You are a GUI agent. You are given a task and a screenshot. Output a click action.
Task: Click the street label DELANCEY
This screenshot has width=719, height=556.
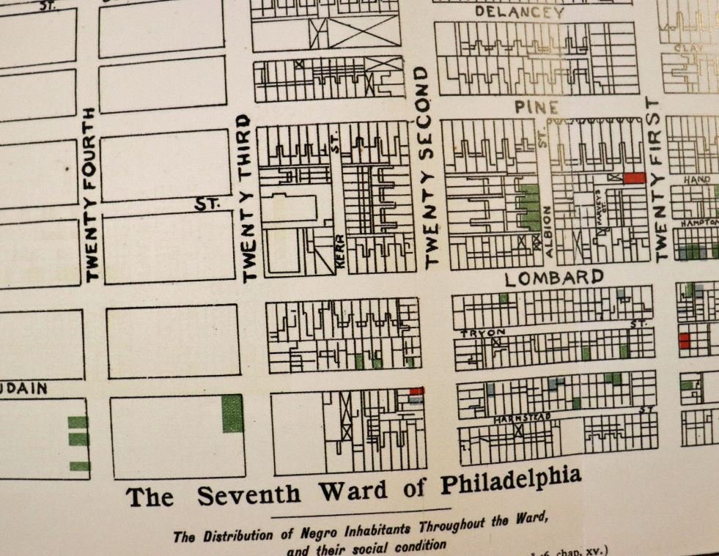tap(520, 12)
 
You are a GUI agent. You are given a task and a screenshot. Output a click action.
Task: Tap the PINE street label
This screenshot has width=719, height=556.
tap(537, 107)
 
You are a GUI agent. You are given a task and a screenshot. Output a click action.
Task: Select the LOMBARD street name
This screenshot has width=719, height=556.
tap(555, 278)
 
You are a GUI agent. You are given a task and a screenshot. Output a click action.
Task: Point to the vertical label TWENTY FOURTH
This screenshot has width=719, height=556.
tap(91, 195)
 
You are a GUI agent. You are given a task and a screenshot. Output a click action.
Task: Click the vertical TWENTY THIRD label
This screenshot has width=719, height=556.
tap(248, 198)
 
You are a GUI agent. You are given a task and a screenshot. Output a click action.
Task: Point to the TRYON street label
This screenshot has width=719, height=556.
tap(478, 333)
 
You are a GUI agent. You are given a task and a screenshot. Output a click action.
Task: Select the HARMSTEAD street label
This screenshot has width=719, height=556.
tap(521, 417)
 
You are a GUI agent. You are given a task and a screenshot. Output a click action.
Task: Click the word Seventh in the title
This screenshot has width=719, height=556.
tap(248, 494)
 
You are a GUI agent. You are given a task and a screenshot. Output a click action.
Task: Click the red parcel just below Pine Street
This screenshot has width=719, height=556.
tap(634, 178)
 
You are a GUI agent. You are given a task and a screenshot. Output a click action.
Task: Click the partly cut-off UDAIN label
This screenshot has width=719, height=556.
tap(23, 389)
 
